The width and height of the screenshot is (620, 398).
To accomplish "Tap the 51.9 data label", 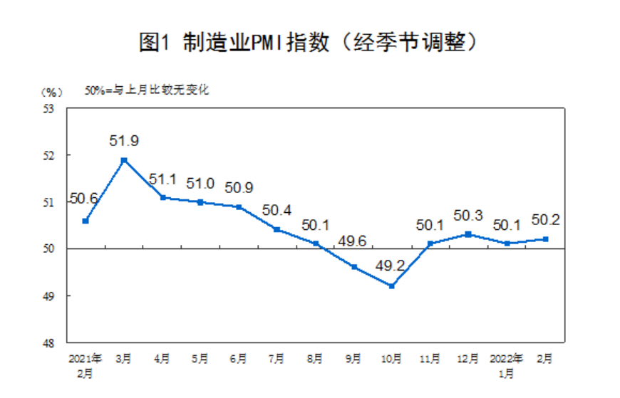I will coord(124,141).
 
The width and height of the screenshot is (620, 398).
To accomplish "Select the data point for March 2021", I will coord(124,159).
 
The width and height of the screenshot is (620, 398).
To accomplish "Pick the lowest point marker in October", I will coord(391,286).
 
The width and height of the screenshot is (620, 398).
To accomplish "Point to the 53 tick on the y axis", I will coord(49,109).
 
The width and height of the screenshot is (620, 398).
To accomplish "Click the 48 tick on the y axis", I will coord(49,342).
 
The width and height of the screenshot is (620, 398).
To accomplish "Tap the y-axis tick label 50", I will coord(49,248).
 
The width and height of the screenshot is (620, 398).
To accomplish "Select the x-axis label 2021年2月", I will coord(86,363).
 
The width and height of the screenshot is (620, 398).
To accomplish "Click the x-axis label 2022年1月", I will coord(507,363).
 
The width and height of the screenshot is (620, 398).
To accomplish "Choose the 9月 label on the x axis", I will coord(353,357).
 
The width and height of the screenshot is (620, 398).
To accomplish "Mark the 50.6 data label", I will coord(83,199).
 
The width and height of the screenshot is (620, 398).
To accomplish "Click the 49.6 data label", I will coord(352,242).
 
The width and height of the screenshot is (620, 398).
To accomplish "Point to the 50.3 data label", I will coord(468,215).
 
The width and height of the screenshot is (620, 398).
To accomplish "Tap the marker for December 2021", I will coord(468,234).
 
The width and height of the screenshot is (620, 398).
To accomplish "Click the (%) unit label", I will coord(52,91).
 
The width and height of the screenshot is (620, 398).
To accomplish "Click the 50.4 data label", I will coord(277,210).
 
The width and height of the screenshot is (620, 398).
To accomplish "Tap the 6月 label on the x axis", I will coord(238,357).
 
